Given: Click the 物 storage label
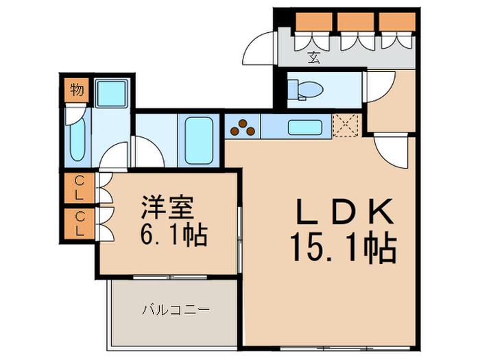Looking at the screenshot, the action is [x=77, y=90].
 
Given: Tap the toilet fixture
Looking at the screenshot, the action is [x=306, y=90].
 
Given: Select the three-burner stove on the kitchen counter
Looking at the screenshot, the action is [x=243, y=128].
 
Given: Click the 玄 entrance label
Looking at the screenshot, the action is [x=314, y=58].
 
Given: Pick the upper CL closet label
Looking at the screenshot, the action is [x=79, y=188].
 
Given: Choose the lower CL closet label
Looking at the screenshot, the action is [x=80, y=224].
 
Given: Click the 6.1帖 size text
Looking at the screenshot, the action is [x=174, y=235].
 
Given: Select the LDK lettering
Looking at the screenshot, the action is [x=345, y=211].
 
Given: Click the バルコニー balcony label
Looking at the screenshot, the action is [x=176, y=310].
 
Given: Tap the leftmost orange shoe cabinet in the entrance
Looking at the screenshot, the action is [x=314, y=22].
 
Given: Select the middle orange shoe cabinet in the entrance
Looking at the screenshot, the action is [x=356, y=22].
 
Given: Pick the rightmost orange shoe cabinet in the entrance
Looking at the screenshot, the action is [x=397, y=22].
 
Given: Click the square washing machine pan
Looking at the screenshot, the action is [x=111, y=93].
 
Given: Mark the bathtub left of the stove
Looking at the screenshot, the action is [x=199, y=141].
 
